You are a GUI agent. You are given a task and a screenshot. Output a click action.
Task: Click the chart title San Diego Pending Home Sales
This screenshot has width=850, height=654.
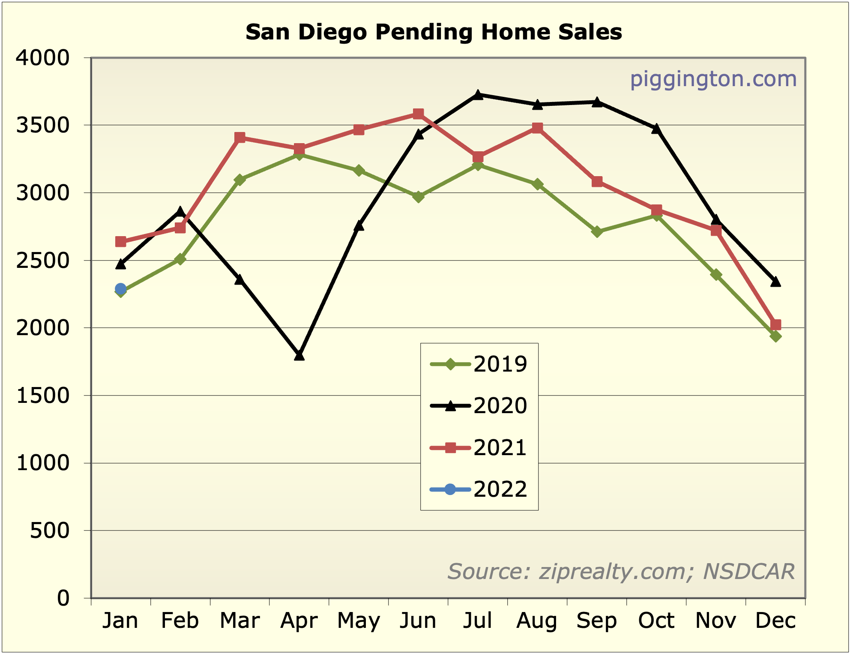click(434, 33)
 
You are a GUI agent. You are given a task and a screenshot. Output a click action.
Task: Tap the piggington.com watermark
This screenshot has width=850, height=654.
click(713, 79)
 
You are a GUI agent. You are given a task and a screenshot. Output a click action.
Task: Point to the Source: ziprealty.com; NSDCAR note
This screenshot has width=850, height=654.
click(621, 571)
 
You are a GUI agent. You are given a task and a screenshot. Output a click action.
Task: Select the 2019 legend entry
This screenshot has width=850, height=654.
click(479, 364)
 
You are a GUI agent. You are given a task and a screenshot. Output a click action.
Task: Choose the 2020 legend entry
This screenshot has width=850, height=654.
click(479, 406)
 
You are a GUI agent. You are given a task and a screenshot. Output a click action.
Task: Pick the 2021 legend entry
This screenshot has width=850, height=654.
click(479, 448)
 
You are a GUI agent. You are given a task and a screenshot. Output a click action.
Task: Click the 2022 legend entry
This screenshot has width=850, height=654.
click(479, 489)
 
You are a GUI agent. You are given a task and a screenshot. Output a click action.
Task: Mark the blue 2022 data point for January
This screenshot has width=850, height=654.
click(121, 289)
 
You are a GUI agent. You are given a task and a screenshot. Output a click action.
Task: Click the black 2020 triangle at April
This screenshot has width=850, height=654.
click(299, 355)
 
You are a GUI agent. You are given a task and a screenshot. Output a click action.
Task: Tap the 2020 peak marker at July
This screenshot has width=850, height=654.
click(478, 95)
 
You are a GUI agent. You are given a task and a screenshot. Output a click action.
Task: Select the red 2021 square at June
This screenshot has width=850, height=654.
click(419, 114)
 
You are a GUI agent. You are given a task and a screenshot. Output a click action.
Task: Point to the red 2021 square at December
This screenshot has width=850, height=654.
click(775, 324)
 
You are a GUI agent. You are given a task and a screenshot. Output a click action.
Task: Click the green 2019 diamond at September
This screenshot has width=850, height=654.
click(597, 232)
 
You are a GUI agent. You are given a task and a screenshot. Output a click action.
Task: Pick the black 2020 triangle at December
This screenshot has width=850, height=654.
click(775, 282)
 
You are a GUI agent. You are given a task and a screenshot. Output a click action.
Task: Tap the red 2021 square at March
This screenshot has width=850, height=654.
click(240, 138)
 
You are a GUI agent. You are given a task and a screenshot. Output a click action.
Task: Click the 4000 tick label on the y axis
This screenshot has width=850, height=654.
click(42, 58)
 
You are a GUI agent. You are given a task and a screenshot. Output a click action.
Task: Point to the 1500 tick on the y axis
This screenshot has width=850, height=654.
click(42, 396)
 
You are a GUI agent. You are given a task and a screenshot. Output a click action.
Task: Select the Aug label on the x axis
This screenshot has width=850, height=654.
click(537, 621)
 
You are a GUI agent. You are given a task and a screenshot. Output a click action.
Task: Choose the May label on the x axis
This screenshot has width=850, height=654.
click(359, 621)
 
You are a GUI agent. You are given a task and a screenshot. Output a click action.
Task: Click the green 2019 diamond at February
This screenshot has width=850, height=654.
click(180, 259)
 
